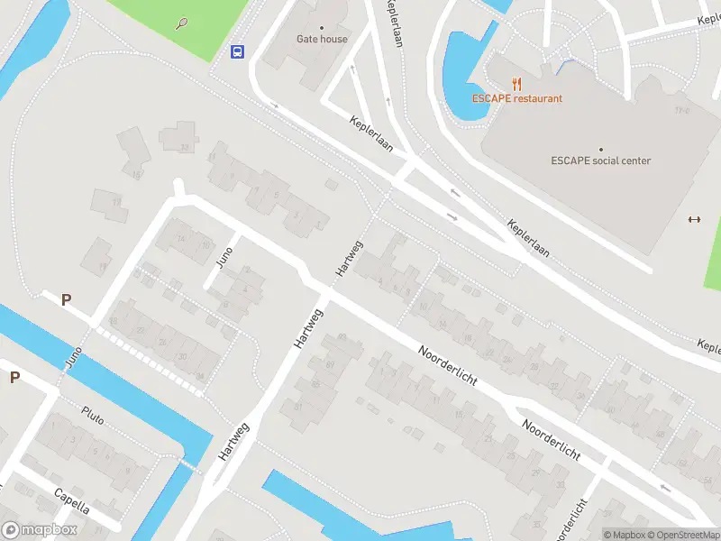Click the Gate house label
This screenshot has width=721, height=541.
[322, 39]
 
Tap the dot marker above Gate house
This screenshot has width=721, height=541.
[322, 27]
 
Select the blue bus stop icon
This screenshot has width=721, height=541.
[237, 51]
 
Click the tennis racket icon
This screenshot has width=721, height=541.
[183, 22]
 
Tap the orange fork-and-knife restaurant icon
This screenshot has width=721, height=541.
[517, 84]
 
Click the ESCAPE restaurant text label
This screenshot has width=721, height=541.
[517, 98]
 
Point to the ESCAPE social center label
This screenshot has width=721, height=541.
[600, 160]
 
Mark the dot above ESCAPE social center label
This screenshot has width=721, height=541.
[600, 149]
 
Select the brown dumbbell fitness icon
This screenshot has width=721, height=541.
[694, 219]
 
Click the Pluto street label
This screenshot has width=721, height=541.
[93, 414]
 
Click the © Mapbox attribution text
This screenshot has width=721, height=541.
[627, 535]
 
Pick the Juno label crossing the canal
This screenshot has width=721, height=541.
[73, 357]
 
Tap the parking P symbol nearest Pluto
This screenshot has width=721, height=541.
[14, 377]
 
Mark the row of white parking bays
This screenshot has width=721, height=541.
[150, 361]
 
